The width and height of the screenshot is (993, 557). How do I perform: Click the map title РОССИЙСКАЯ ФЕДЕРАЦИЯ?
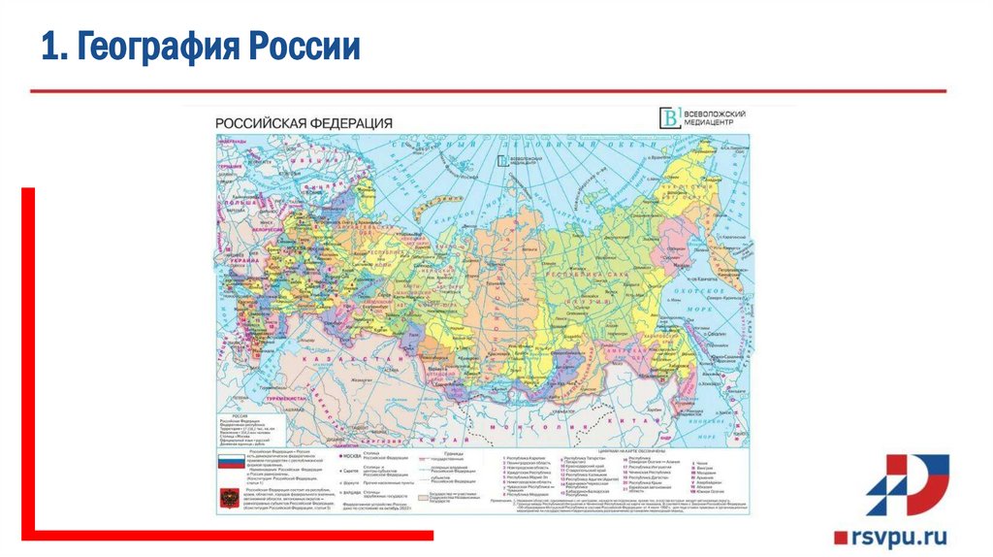tap(304, 123)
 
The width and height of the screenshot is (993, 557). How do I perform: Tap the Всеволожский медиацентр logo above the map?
tap(695, 117)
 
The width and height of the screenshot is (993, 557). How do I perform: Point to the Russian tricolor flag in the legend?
tap(230, 464)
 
